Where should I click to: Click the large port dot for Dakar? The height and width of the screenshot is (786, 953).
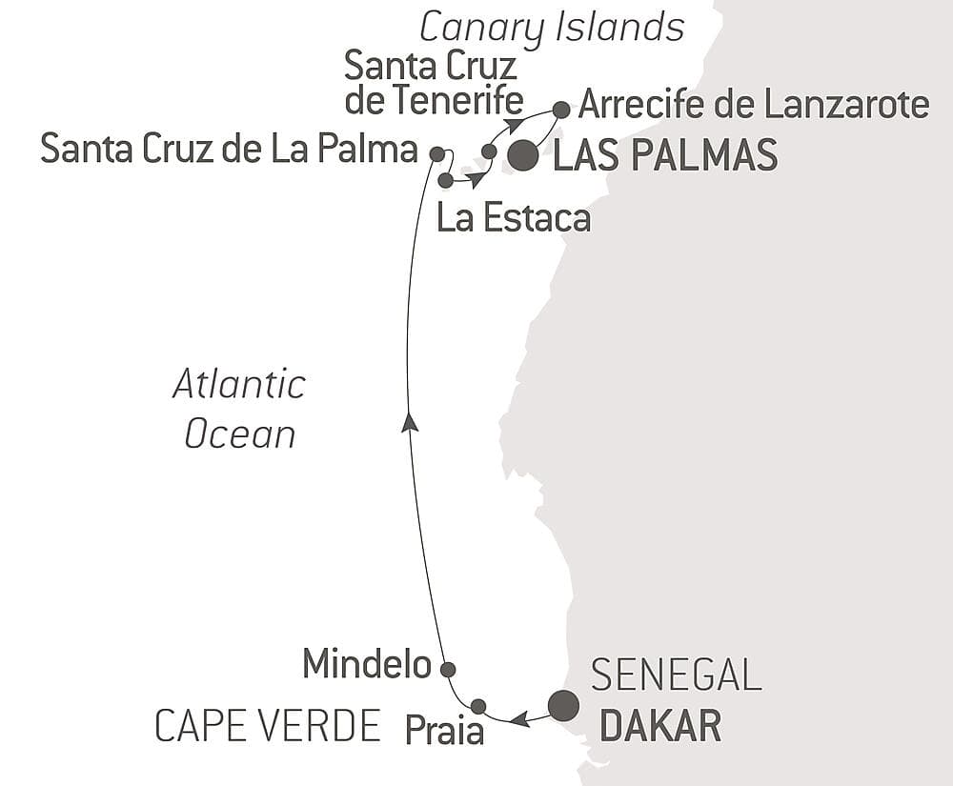pos(563,706)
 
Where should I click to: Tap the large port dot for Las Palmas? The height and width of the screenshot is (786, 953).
pos(522,156)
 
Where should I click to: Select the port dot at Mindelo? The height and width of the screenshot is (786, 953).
pos(448,669)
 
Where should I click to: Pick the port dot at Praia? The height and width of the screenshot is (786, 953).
pos(478,706)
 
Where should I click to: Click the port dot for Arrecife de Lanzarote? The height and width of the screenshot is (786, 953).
pos(561,110)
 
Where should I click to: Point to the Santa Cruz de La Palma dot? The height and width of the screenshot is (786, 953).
pos(436,153)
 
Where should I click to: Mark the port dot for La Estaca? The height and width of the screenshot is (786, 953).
pos(445,179)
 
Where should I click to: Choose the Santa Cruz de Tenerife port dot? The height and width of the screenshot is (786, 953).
pos(489,151)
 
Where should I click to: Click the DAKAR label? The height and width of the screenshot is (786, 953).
pos(659,727)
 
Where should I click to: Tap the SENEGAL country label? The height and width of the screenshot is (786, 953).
pos(676,675)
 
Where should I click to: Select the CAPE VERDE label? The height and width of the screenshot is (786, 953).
pos(268,727)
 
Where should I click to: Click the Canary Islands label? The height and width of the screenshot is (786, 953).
pos(552,28)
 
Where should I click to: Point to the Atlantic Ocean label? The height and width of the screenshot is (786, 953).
pos(239,410)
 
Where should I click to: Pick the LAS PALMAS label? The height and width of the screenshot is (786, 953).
pos(665,156)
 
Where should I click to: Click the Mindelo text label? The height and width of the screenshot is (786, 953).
pos(367,664)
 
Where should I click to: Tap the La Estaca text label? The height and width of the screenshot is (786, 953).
pos(513,218)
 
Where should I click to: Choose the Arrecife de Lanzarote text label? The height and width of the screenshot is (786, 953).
pos(753,105)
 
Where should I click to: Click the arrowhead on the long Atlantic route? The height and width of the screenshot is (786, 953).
pos(410,422)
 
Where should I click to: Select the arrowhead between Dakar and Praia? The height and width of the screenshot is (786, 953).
pos(519,720)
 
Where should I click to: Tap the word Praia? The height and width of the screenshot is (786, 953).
pos(444,731)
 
